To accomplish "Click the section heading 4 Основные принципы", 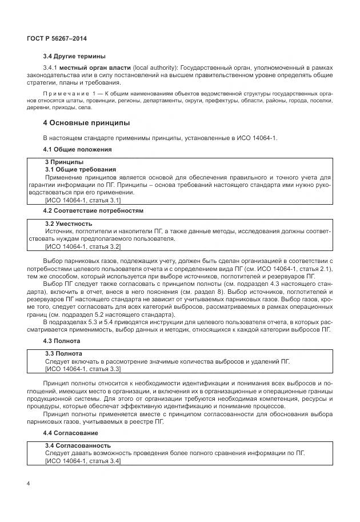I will click(86, 123).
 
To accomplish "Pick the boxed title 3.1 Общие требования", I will click(81, 170).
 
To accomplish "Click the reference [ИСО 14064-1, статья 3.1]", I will click(82, 200).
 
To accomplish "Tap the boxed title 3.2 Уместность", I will click(69, 224).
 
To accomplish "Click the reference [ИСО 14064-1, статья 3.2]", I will click(82, 246).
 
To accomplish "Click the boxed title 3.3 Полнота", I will click(63, 354).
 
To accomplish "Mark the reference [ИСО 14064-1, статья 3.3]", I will click(82, 369).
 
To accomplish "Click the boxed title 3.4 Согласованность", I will click(78, 445).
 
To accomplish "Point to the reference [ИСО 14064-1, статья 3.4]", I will click(82, 461).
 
